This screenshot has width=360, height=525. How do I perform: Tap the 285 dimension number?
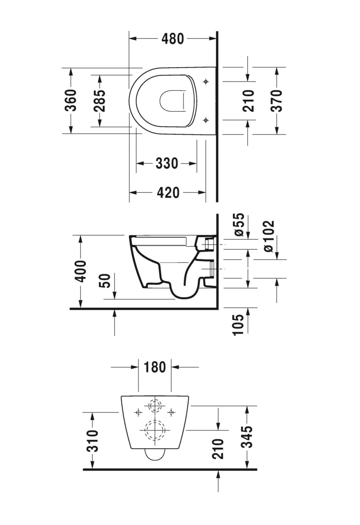[99, 100]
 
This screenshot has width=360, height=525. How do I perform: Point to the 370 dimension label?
[276, 100]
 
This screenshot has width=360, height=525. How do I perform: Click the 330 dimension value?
[167, 163]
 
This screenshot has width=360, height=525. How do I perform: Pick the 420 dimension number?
[168, 192]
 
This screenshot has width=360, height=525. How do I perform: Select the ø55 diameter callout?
[239, 225]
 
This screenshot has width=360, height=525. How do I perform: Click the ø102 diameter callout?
[269, 236]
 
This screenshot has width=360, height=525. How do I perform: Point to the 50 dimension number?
[105, 281]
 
